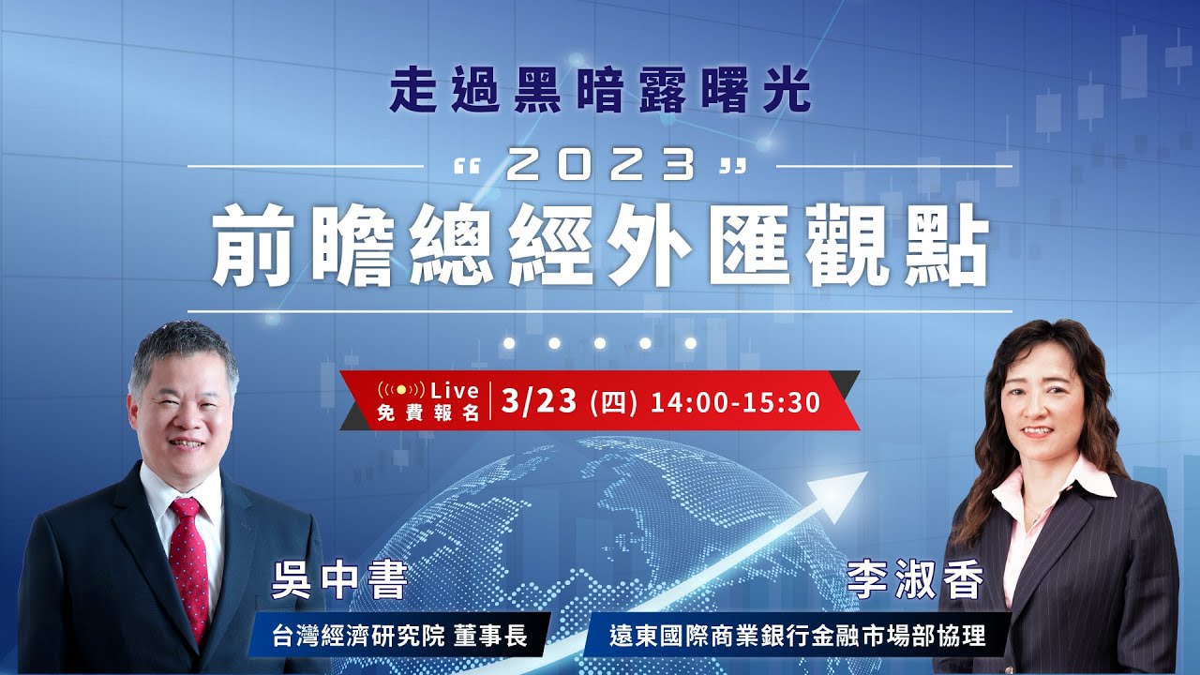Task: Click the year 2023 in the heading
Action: tap(600, 167)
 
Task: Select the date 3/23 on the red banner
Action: tap(538, 401)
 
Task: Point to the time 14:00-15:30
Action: tap(735, 402)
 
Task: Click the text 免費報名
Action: tap(428, 412)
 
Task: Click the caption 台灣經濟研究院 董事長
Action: tap(397, 637)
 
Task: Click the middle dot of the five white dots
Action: tap(600, 343)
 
